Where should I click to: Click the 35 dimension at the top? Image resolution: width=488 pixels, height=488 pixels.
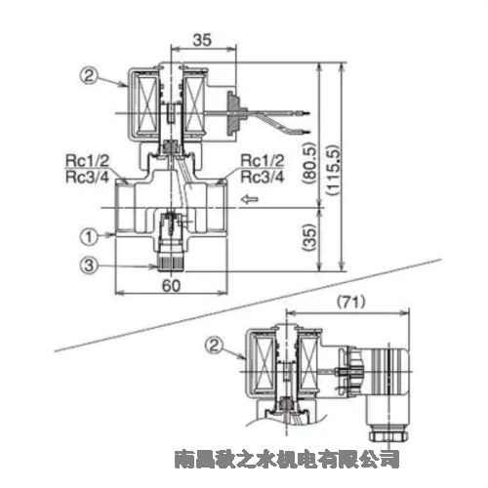point(202,40)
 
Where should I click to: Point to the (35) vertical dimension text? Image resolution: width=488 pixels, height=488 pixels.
point(308,237)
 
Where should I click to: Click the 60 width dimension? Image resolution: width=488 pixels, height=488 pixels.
point(171,286)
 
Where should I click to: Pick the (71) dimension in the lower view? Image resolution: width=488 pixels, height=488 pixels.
point(351,303)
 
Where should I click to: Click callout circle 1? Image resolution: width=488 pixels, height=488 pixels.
point(89,236)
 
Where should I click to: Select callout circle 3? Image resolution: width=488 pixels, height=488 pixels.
point(89,265)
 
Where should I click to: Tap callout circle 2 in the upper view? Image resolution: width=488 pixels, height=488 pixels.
point(89,76)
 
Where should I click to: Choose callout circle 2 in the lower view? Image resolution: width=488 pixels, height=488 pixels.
point(214,346)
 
